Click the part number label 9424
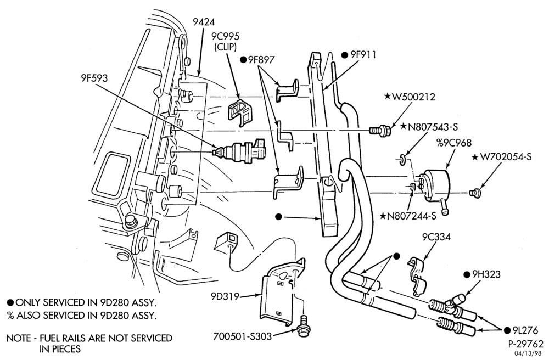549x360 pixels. (x=204, y=22)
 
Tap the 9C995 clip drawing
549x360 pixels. (x=240, y=111)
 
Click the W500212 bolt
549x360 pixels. (x=379, y=131)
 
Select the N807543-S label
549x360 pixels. (x=433, y=126)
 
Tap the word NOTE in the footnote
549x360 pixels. (x=19, y=338)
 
